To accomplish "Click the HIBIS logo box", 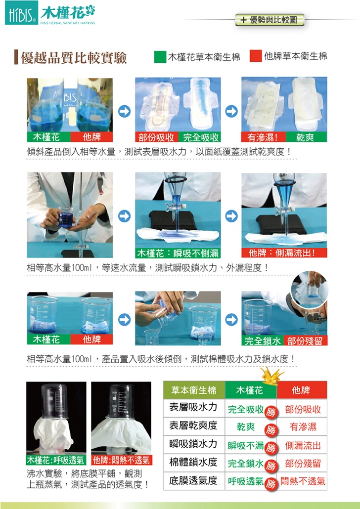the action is tap(21, 13).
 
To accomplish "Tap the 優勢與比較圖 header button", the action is tap(270, 20).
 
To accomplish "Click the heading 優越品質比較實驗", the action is tap(74, 57).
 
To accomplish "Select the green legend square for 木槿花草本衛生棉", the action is tap(160, 56).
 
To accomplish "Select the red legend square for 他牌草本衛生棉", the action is tap(256, 56).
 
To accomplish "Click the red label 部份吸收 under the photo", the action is tap(156, 137).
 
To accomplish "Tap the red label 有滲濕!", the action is tap(263, 137).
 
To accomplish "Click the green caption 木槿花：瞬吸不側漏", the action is tap(178, 253).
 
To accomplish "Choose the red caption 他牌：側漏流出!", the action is tap(284, 253).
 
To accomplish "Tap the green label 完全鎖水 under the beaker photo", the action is tap(263, 340).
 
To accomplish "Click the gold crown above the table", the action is tap(272, 376).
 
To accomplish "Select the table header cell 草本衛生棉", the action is tap(194, 390).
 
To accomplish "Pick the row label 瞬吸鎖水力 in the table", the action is tap(193, 444).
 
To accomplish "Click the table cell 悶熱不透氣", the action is tap(303, 481).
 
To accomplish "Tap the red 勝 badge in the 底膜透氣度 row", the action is tap(270, 484).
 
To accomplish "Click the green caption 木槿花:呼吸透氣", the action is tap(56, 460).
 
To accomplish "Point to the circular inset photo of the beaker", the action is tap(310, 289).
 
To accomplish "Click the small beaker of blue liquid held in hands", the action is tap(65, 217).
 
